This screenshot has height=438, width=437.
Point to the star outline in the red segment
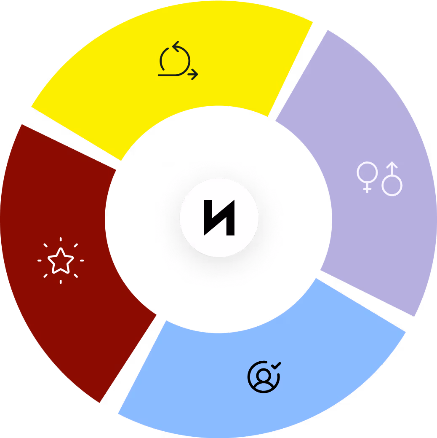(61, 261)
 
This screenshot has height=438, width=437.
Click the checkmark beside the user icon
(276, 365)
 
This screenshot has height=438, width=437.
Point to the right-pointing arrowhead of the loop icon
(195, 75)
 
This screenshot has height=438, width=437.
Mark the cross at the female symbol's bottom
(367, 188)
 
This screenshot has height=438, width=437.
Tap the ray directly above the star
(61, 240)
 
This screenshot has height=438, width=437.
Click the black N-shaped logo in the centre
(219, 218)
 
